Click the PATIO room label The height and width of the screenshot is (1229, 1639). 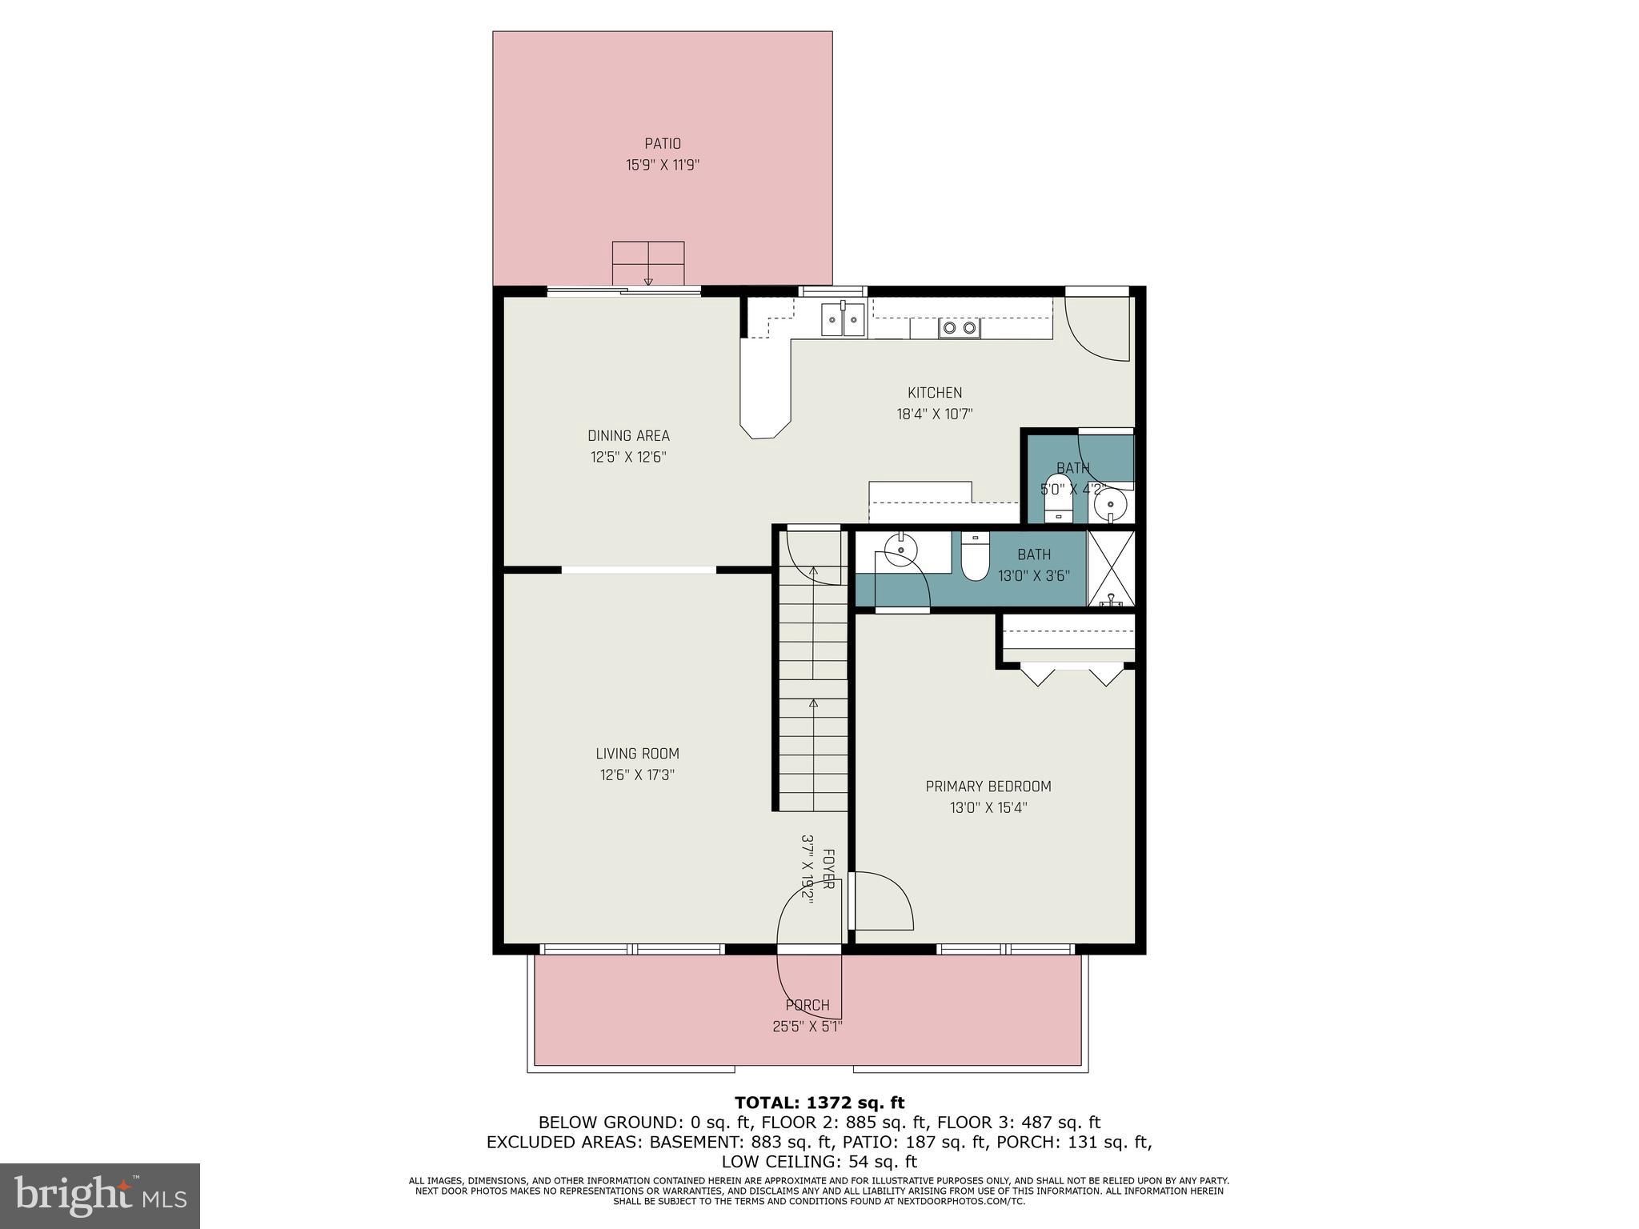(663, 144)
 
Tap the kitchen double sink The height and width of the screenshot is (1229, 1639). (843, 320)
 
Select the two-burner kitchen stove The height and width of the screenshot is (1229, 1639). (959, 327)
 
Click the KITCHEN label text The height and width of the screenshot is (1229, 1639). (934, 393)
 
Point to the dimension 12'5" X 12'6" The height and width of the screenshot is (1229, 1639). (628, 458)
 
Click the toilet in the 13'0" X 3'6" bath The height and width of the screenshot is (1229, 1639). (975, 558)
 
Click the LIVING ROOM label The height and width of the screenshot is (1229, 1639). (637, 754)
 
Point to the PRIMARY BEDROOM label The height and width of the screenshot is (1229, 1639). (988, 787)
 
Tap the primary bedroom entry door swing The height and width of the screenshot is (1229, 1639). (883, 902)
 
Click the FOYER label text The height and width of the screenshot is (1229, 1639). (828, 869)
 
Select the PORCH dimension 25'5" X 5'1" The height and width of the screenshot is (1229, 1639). (807, 1027)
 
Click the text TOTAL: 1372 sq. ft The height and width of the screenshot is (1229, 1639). (819, 1103)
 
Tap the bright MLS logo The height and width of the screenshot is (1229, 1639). (100, 1196)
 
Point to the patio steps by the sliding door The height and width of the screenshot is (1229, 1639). (648, 263)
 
